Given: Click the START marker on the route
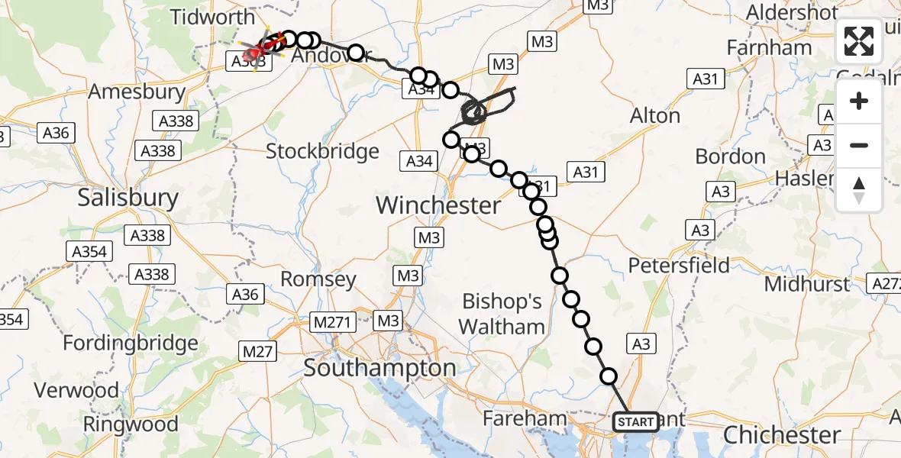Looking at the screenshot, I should (x=635, y=421).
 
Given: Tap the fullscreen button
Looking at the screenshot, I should (x=859, y=41).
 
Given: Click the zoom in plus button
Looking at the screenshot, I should (x=859, y=101).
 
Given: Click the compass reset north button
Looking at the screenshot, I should (x=859, y=189).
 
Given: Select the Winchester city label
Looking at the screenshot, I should (x=438, y=205).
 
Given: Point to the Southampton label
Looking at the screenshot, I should (x=379, y=368).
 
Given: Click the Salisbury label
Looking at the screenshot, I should (x=128, y=198).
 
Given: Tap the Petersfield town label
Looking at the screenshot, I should (x=679, y=266).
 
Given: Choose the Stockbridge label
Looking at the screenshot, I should (x=322, y=151).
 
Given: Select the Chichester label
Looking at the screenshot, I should (x=781, y=435).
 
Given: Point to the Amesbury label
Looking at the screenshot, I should (x=137, y=92).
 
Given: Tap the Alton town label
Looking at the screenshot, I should (x=655, y=116).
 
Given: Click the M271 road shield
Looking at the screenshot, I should (x=332, y=323).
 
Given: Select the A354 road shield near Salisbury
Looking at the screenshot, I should (x=91, y=251).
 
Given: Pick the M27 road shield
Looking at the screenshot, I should (x=258, y=351).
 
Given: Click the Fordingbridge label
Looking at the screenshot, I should (x=131, y=343).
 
